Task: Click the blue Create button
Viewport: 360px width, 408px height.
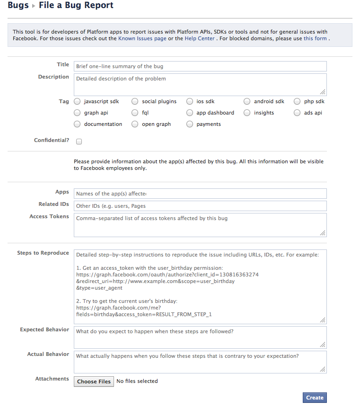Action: coord(315,398)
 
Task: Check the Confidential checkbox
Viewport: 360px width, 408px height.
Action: coord(79,141)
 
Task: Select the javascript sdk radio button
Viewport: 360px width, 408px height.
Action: coord(78,101)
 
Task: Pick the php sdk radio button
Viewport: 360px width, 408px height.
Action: coord(297,101)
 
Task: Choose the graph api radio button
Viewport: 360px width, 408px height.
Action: coord(78,113)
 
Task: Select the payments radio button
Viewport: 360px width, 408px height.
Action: coord(190,124)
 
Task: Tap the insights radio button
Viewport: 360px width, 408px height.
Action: coord(247,113)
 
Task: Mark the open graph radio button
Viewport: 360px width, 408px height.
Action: coord(135,124)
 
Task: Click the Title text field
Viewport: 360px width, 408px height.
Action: coord(200,66)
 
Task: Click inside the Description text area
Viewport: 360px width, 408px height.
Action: coord(200,84)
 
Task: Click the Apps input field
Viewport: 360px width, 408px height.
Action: coord(200,193)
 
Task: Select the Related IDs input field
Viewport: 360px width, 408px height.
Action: coord(200,206)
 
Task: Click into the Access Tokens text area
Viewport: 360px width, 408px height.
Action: coord(200,224)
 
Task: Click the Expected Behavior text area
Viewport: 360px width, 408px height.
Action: coord(200,337)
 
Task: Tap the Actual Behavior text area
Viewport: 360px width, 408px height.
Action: coord(200,362)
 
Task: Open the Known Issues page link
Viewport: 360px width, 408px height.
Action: coord(142,38)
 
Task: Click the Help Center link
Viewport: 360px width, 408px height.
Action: coord(199,38)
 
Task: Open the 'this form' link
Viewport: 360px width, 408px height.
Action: coord(315,38)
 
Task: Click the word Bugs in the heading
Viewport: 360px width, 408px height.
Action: coord(18,6)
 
